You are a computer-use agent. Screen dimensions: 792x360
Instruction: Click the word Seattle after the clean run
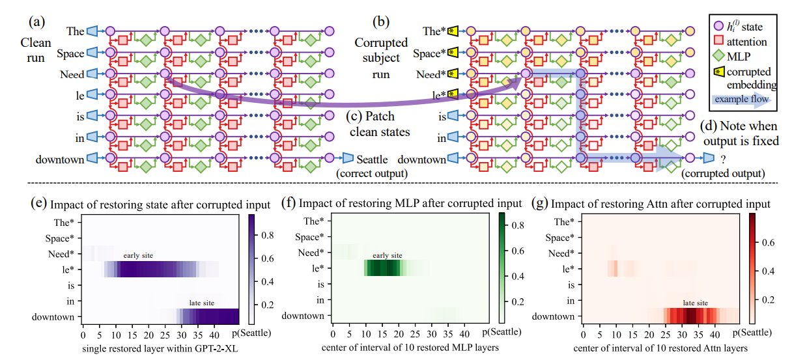click(x=372, y=159)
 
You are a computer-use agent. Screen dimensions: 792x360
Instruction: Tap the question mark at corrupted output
click(x=724, y=159)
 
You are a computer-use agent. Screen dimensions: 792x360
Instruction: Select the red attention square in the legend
click(x=718, y=40)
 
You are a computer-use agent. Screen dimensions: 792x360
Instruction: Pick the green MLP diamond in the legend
click(x=719, y=55)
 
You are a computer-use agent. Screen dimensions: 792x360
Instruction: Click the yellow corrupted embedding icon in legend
click(x=719, y=72)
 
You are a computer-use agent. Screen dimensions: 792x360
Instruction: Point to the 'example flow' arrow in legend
click(x=742, y=99)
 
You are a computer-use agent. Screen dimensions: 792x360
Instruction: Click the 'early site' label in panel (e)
click(x=138, y=255)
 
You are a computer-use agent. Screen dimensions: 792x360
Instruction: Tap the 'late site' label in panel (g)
click(x=695, y=303)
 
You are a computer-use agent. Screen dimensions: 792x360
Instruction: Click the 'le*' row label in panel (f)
click(x=318, y=268)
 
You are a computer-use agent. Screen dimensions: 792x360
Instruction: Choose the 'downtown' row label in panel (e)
click(x=53, y=317)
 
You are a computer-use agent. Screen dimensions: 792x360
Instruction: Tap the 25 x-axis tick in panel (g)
click(x=666, y=334)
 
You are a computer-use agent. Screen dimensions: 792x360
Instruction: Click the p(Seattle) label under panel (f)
click(x=502, y=332)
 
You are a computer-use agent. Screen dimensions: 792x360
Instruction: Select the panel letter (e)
click(x=38, y=203)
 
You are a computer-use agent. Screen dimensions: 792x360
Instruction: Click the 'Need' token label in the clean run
click(x=72, y=74)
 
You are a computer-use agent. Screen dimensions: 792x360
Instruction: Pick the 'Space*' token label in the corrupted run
click(x=429, y=53)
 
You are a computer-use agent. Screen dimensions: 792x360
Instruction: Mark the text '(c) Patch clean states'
click(x=378, y=124)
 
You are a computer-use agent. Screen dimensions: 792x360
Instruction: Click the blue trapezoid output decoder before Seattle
click(x=348, y=158)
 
